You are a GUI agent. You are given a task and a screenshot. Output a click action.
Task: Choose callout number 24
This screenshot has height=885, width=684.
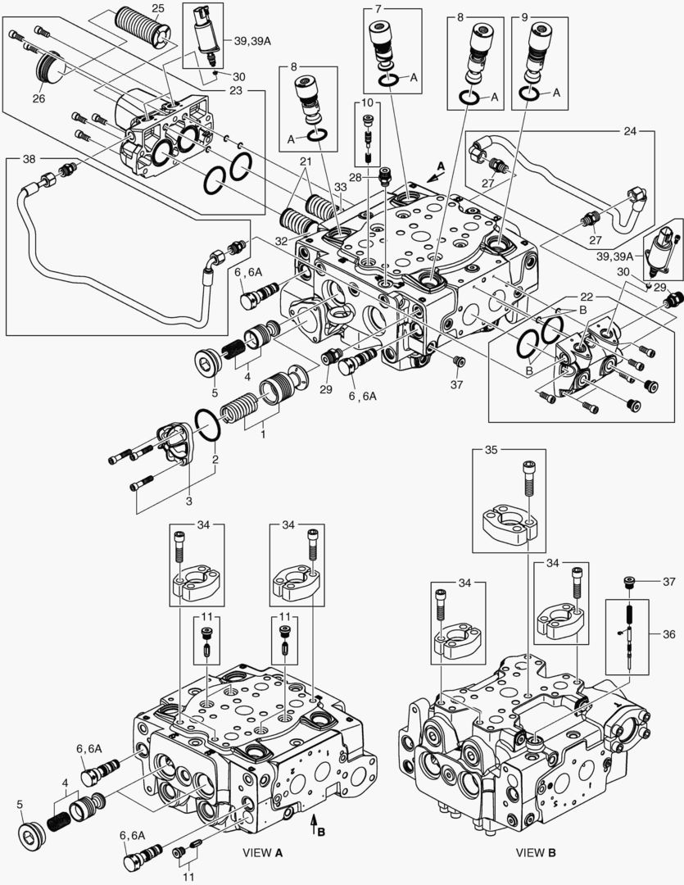[x=629, y=130]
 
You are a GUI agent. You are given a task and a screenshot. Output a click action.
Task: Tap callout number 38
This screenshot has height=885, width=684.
[x=29, y=158]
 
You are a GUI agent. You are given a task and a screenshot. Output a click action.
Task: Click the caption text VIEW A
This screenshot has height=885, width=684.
[x=263, y=852]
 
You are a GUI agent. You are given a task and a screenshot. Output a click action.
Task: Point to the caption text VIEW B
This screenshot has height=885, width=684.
[x=536, y=852]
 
